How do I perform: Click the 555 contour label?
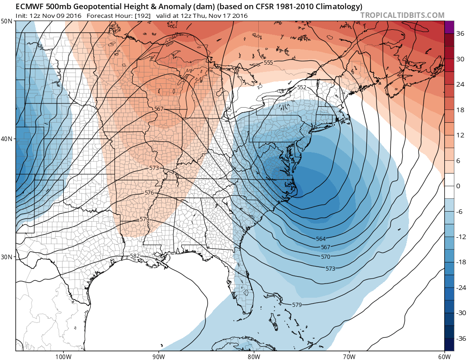(x=268, y=62)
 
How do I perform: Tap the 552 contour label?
(x=301, y=87)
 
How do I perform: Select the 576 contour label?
(x=149, y=193)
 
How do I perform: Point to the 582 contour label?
(x=135, y=256)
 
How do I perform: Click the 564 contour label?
(x=321, y=239)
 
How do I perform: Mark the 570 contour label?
(x=326, y=256)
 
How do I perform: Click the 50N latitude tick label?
(x=7, y=22)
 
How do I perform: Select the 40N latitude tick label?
(x=7, y=139)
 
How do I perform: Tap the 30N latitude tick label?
(x=7, y=256)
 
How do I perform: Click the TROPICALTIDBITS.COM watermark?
(x=402, y=15)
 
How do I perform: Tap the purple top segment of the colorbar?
(x=449, y=27)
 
